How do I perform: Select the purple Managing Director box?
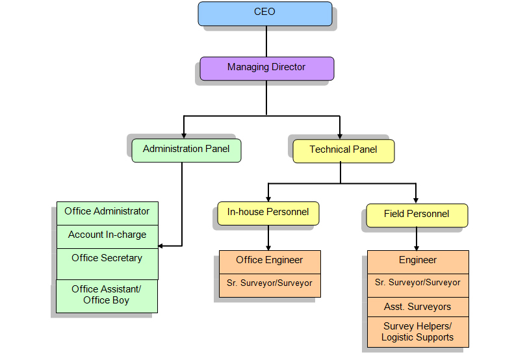[x=266, y=68]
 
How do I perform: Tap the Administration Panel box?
[x=186, y=150]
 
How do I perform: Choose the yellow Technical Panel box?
[x=344, y=150]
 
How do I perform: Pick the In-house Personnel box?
[x=268, y=212]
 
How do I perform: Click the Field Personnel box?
[x=417, y=215]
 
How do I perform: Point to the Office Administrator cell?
[x=107, y=212]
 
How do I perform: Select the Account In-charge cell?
[x=107, y=236]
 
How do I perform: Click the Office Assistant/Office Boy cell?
[x=107, y=296]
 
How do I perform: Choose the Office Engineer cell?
[x=270, y=261]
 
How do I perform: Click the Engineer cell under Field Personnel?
[x=418, y=261]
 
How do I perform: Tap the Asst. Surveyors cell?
[x=418, y=307]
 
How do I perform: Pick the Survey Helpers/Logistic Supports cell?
[x=418, y=332]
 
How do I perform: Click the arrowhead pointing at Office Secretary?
[x=162, y=246]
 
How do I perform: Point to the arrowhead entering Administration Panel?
[x=185, y=135]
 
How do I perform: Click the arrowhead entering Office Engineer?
[x=268, y=246]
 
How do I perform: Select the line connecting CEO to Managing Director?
[x=266, y=42]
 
